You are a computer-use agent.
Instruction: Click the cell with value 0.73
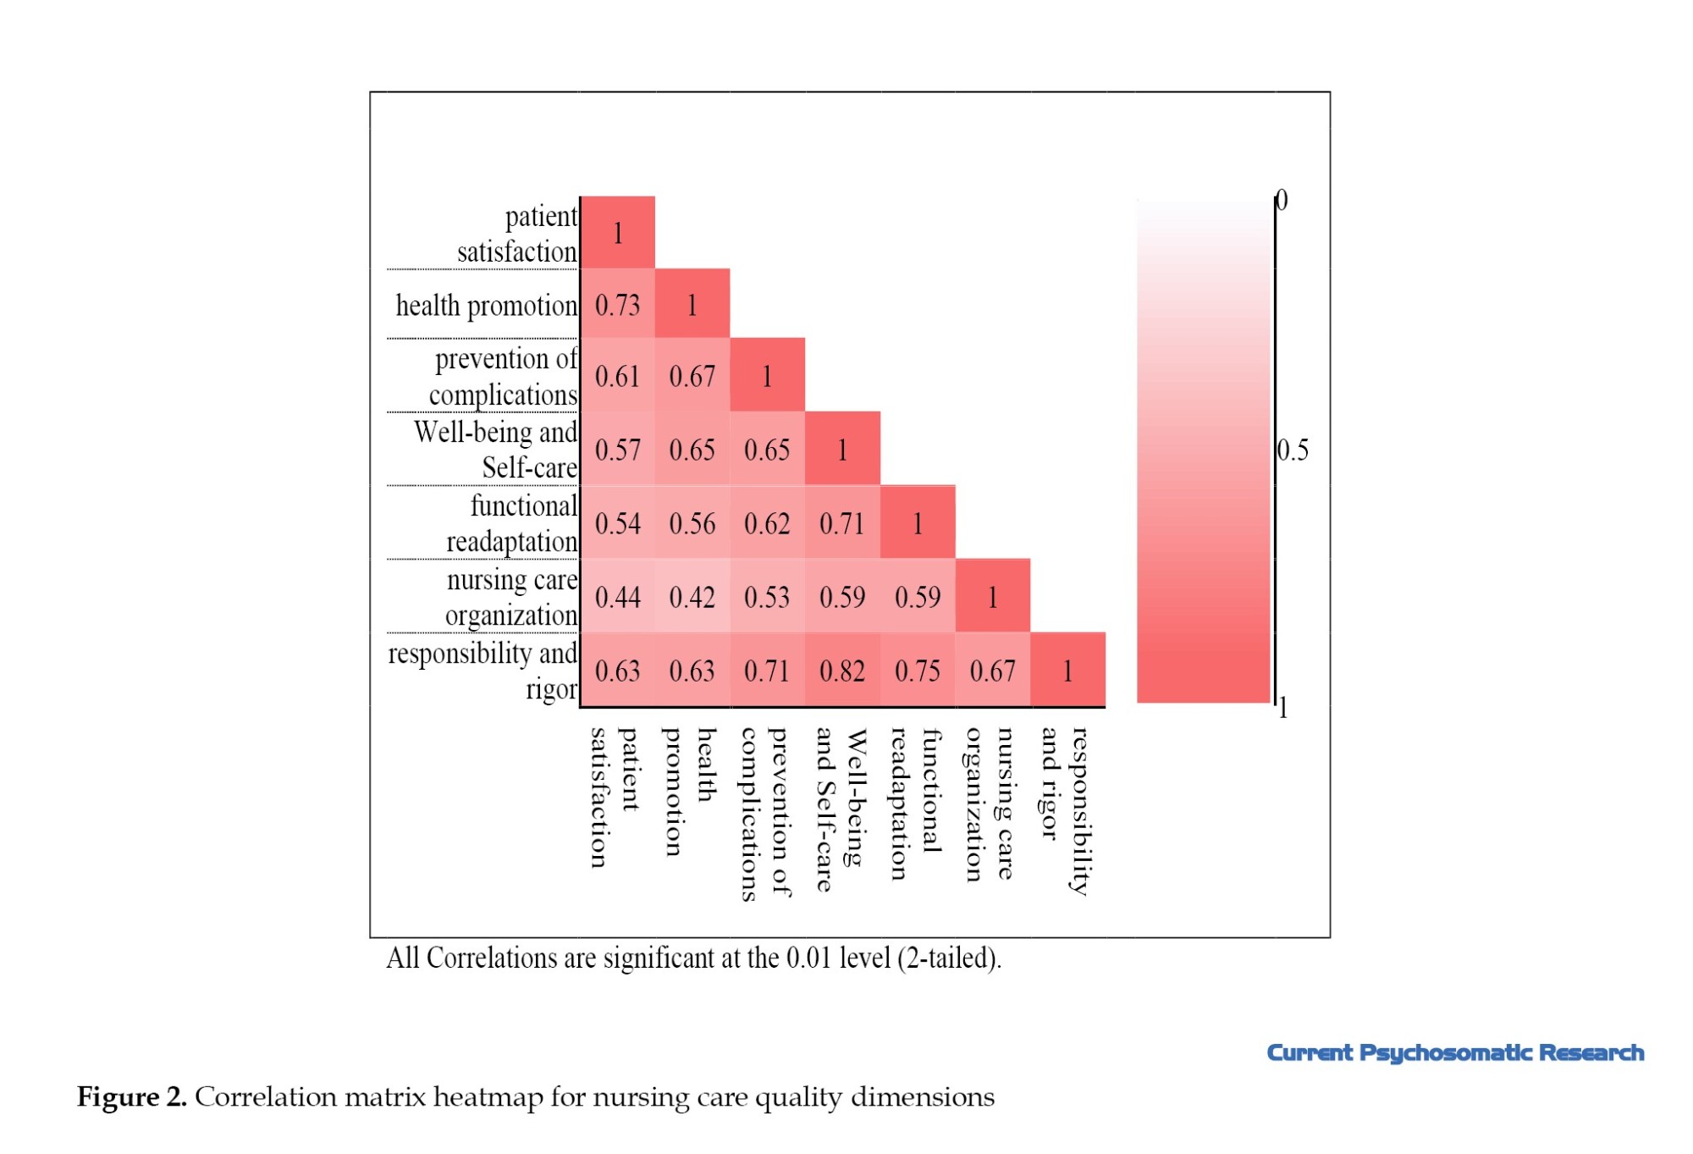[618, 305]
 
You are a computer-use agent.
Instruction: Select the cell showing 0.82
[842, 671]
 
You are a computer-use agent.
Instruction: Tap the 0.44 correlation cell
[618, 597]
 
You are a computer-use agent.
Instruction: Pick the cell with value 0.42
[692, 597]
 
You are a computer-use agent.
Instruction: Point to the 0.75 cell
[918, 671]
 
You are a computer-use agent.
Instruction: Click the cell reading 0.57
[618, 450]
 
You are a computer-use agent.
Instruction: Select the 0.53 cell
[767, 597]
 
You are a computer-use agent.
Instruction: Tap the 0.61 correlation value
[618, 376]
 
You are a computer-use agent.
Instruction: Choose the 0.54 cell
[618, 523]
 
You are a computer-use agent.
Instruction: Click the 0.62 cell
[767, 523]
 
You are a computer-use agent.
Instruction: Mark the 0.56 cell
[692, 523]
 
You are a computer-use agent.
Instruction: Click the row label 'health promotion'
[486, 305]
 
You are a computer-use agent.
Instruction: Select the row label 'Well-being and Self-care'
[496, 450]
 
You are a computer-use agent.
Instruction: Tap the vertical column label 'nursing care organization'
[989, 803]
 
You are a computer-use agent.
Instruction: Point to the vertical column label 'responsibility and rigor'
[1063, 810]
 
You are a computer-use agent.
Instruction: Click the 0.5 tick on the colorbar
[1293, 450]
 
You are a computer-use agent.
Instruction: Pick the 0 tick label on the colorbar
[1282, 200]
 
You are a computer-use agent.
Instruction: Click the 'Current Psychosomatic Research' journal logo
[1455, 1052]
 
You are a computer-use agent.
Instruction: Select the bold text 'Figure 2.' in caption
[131, 1096]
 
